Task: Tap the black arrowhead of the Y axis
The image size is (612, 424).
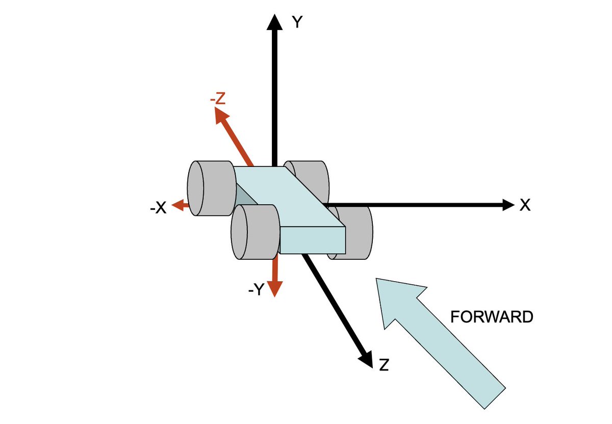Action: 274,22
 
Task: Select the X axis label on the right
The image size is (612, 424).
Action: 525,205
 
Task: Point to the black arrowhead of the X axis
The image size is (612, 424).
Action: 508,205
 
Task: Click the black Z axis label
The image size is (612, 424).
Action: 384,365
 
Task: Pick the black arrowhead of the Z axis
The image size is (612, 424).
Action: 367,360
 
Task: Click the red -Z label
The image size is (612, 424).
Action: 218,98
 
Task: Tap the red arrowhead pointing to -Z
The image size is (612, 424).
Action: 221,115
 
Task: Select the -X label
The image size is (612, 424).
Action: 158,208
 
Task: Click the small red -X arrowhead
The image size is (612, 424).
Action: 177,205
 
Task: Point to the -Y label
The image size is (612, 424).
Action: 256,289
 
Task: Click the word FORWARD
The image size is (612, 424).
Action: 492,317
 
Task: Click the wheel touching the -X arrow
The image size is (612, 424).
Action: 212,188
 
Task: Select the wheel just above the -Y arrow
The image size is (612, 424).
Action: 256,232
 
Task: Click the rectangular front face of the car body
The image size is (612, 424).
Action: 313,240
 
